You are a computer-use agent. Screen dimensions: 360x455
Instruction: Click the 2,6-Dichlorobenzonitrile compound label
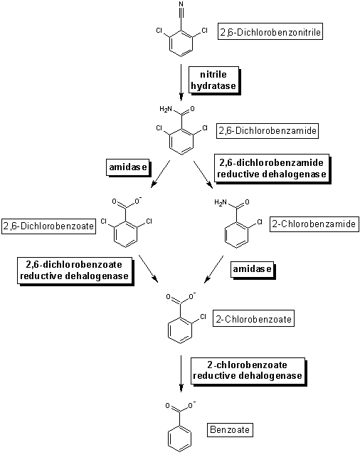pos(270,31)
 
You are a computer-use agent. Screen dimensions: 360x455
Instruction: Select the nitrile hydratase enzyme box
pos(214,80)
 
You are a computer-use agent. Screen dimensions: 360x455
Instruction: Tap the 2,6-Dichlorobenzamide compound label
pos(268,130)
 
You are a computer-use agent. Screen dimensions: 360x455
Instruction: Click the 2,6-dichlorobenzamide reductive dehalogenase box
pos(272,169)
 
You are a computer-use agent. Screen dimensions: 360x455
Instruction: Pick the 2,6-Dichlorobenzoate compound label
pos(48,226)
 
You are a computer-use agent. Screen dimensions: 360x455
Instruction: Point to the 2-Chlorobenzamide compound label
pos(314,224)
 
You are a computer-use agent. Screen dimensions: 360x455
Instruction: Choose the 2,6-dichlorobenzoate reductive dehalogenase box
pos(75,271)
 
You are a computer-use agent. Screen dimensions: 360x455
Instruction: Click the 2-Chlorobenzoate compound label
pos(253,318)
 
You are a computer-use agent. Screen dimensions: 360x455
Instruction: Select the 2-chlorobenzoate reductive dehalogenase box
pos(248,372)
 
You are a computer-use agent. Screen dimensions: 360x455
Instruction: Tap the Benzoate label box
pos(230,429)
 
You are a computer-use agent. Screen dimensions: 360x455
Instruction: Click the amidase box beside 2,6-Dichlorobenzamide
pos(128,168)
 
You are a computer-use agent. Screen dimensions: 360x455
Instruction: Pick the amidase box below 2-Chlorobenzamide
pos(253,270)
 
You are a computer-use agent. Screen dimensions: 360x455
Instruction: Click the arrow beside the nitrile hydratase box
pos(181,83)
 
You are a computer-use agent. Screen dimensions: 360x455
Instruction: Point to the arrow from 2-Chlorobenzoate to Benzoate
pos(181,374)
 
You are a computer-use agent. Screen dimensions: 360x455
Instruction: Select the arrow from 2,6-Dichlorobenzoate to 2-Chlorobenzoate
pos(149,268)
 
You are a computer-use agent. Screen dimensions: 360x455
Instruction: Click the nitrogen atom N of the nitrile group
pos(181,4)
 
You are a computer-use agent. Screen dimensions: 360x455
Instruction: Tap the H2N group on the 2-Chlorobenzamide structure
pos(221,202)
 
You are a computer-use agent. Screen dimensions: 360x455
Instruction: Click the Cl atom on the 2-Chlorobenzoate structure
pos(203,316)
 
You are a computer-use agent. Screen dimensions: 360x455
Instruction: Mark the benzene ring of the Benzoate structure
pos(180,439)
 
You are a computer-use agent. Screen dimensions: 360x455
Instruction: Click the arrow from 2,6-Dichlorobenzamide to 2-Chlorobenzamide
pos(203,174)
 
